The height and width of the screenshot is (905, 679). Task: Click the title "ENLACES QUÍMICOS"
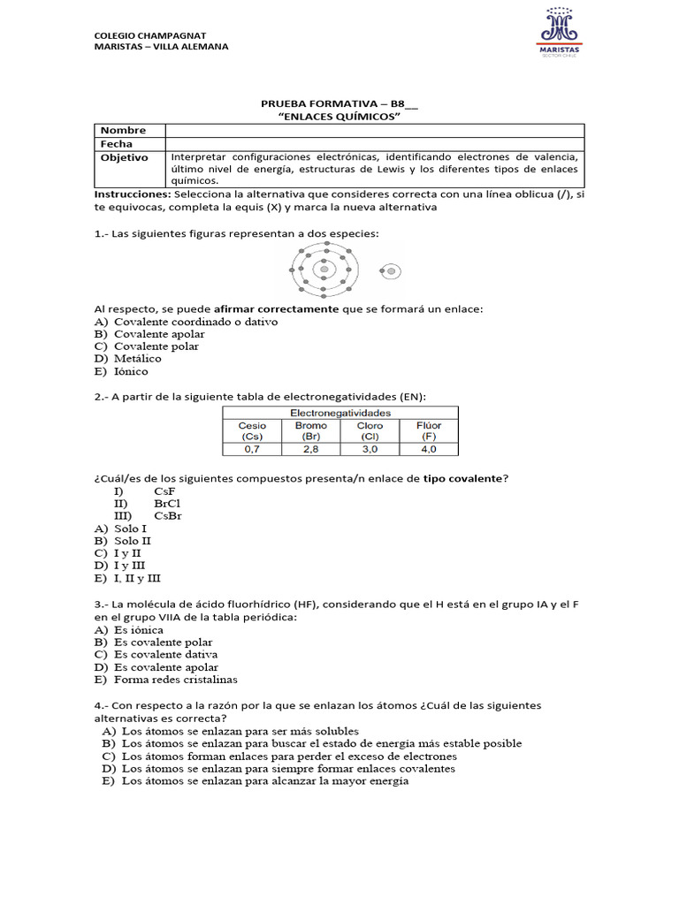[339, 117]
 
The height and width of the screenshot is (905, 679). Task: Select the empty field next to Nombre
[374, 130]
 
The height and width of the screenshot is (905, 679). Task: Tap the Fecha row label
[116, 143]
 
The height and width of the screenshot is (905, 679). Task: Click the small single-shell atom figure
[390, 271]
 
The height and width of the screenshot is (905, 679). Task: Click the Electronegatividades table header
[340, 413]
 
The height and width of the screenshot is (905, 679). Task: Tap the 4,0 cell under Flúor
[429, 449]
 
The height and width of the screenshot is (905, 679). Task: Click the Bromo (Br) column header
[310, 430]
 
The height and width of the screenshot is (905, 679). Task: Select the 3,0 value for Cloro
[370, 449]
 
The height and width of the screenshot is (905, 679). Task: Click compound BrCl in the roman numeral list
[168, 503]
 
